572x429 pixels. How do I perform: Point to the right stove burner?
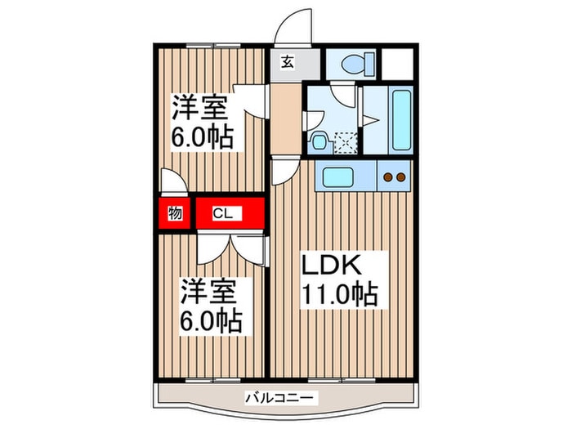[x=401, y=177]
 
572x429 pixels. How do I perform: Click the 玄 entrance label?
[x=288, y=62]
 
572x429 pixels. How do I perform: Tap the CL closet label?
[x=222, y=214]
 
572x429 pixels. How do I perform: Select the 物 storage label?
[x=175, y=214]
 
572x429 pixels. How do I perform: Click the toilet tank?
[x=368, y=63]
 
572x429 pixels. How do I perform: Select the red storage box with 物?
[x=175, y=214]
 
